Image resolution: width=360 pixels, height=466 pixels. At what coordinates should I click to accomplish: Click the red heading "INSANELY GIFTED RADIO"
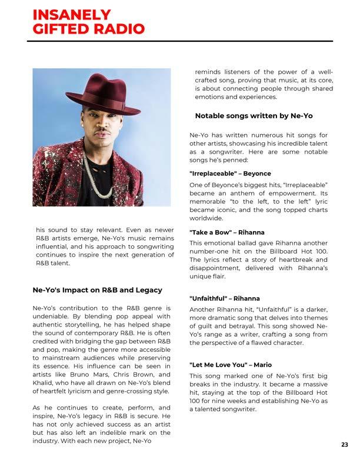(88, 22)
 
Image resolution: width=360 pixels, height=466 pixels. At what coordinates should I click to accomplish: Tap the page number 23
(344, 445)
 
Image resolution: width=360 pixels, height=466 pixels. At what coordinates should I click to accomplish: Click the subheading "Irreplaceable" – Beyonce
(230, 174)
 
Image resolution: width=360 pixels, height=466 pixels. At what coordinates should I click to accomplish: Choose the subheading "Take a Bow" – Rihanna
(226, 232)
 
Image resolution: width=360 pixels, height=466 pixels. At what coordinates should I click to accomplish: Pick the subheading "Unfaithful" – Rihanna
(224, 298)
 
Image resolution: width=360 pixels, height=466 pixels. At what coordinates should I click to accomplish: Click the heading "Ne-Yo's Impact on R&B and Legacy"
(97, 290)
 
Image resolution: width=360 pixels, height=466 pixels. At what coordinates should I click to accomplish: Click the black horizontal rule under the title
(180, 41)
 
